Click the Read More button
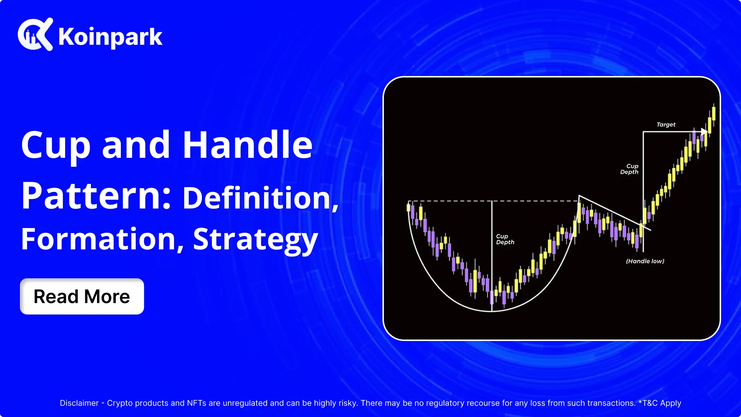tap(82, 296)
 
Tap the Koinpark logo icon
tap(35, 34)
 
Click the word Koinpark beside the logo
tap(110, 37)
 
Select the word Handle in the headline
tap(247, 145)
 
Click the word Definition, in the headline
tap(261, 198)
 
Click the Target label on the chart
tap(666, 125)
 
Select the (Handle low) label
tap(645, 261)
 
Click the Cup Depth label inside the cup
tap(505, 239)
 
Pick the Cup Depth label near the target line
tap(630, 169)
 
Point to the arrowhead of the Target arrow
tap(704, 132)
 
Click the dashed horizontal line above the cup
tap(493, 201)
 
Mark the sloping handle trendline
tap(615, 213)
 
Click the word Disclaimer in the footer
tap(79, 403)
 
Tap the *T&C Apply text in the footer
tap(660, 403)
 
